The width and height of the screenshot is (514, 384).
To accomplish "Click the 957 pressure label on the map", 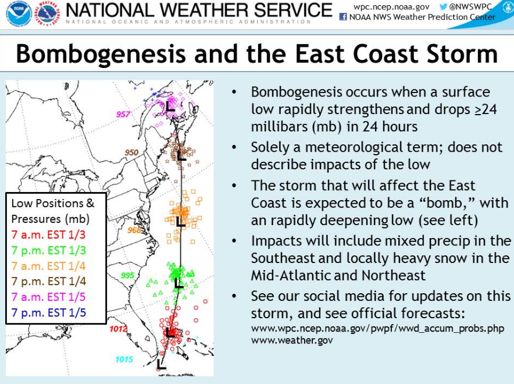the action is pos(123,114).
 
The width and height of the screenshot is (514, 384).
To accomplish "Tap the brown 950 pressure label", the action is pos(131,152).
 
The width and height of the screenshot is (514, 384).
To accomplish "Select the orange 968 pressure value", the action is pos(134,230).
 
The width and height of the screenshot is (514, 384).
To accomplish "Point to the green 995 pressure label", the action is pos(127,275).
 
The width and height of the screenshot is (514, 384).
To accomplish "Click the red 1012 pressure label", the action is pos(119,329).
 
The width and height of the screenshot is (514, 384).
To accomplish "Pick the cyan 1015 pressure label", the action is pos(124,360).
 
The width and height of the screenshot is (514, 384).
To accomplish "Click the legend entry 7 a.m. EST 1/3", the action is pos(48,235).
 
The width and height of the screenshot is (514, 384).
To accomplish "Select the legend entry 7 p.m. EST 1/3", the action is pos(48,251).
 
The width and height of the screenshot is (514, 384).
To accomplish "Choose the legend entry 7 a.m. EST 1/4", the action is pos(48,266).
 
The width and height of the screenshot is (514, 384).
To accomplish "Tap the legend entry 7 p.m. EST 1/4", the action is pos(48,282).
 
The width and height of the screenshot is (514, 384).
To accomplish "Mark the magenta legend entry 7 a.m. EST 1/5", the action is pos(48,297).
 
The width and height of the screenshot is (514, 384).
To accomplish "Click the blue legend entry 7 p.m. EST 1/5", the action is pos(48,312).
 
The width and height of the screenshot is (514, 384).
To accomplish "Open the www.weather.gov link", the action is pos(292,340).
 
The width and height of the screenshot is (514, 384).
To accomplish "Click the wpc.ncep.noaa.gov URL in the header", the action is pos(391,7).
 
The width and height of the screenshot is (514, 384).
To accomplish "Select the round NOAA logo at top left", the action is pos(19,14).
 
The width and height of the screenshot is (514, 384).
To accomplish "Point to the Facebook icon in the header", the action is pos(343,17).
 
